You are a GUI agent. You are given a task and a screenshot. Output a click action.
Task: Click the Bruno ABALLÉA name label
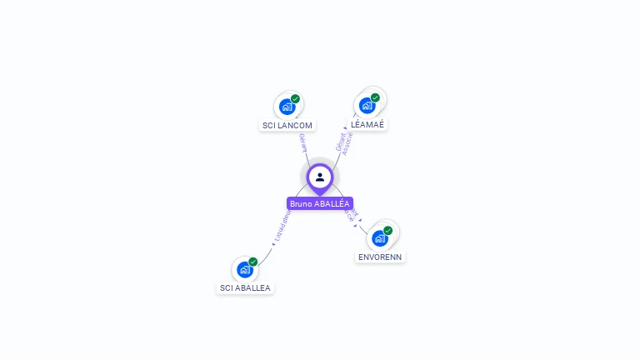pyautogui.click(x=320, y=203)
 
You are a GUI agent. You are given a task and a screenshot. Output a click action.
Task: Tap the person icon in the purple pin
pyautogui.click(x=320, y=177)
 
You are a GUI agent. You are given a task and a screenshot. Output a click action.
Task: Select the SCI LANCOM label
pyautogui.click(x=287, y=126)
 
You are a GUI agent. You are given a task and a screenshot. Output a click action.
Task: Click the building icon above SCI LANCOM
pyautogui.click(x=287, y=107)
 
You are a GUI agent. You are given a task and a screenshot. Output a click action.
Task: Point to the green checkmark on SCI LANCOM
pyautogui.click(x=295, y=99)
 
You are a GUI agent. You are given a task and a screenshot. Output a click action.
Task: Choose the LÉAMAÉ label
pyautogui.click(x=367, y=124)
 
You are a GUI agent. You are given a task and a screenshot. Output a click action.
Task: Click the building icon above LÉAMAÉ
pyautogui.click(x=367, y=106)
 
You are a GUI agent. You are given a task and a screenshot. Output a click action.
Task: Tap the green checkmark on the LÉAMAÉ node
pyautogui.click(x=375, y=97)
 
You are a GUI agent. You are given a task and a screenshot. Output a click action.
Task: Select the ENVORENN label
pyautogui.click(x=380, y=257)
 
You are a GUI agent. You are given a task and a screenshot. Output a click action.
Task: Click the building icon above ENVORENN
pyautogui.click(x=379, y=238)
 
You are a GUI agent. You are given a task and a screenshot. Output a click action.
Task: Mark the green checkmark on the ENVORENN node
pyautogui.click(x=387, y=231)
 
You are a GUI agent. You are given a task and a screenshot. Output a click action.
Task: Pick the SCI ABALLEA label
pyautogui.click(x=245, y=288)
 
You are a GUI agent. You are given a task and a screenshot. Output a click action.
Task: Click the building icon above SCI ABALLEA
pyautogui.click(x=244, y=269)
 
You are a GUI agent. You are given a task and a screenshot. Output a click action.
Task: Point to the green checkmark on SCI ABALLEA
pyautogui.click(x=252, y=262)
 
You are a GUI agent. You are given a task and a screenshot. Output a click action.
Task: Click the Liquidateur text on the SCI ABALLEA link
pyautogui.click(x=282, y=227)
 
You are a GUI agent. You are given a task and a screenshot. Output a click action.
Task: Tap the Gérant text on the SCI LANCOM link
pyautogui.click(x=303, y=142)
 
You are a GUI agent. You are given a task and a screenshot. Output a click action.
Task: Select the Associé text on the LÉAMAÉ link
pyautogui.click(x=348, y=143)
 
